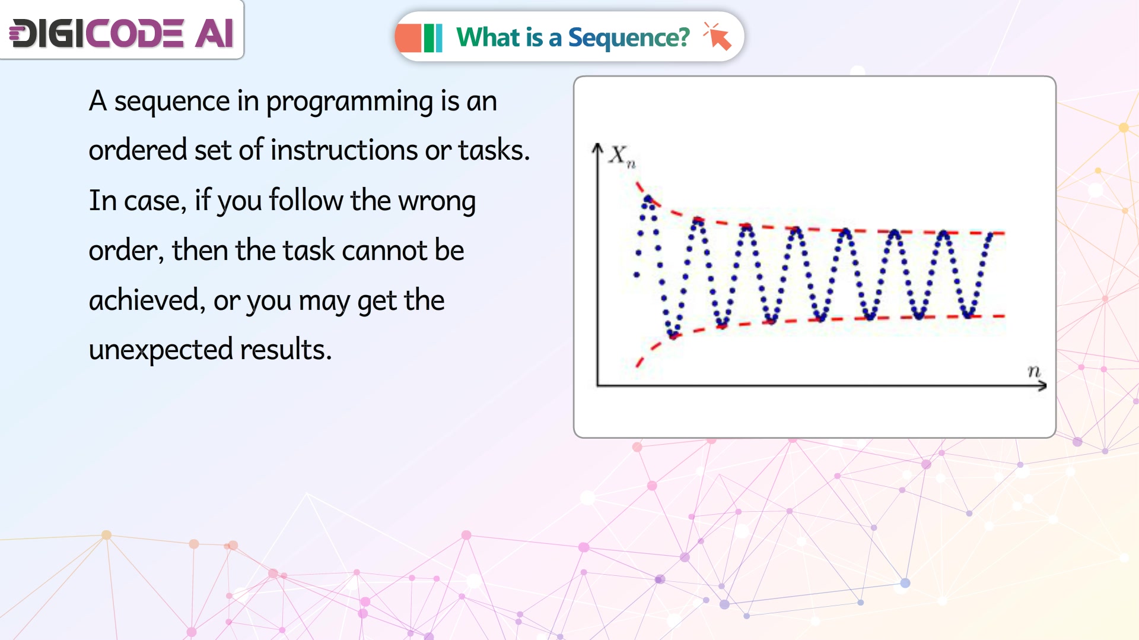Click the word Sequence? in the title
click(629, 39)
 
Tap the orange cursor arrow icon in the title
click(718, 36)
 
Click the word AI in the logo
click(214, 33)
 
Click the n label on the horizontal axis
click(1034, 371)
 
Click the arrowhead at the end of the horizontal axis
click(1042, 386)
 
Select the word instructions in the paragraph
click(344, 150)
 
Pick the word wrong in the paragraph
click(437, 201)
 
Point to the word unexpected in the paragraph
click(161, 350)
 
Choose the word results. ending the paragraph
click(286, 349)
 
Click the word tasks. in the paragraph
click(494, 150)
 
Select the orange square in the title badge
click(409, 38)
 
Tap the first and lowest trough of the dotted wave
click(672, 335)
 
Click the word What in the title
click(488, 37)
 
